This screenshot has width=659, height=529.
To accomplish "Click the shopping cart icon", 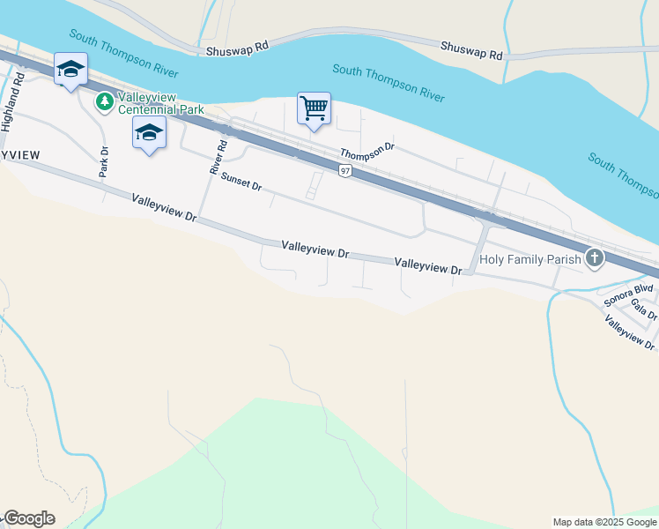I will (x=314, y=108).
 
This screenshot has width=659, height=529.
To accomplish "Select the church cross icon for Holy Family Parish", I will (x=596, y=258).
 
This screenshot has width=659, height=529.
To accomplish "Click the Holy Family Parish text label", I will (x=530, y=259).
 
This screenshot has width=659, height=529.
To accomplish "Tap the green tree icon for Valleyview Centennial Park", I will (x=105, y=102).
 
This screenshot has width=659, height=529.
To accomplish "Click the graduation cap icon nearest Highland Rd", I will (x=70, y=69).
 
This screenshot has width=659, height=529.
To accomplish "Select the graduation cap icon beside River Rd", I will (x=149, y=133).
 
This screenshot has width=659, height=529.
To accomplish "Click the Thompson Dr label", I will (x=367, y=153).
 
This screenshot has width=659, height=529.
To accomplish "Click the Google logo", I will (x=28, y=518).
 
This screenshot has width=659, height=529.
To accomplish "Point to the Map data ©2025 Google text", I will (x=605, y=522).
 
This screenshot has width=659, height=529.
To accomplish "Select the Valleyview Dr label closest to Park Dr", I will (x=163, y=208).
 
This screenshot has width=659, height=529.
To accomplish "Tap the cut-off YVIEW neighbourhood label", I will (x=19, y=155).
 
